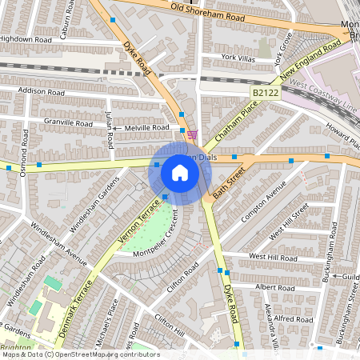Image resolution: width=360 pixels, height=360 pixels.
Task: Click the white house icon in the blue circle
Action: pos(180,173)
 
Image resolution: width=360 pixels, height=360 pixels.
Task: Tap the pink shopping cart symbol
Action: pos(192,134)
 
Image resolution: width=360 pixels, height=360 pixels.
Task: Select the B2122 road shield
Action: pos(265,94)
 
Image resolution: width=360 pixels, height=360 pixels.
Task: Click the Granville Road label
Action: pos(69,123)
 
